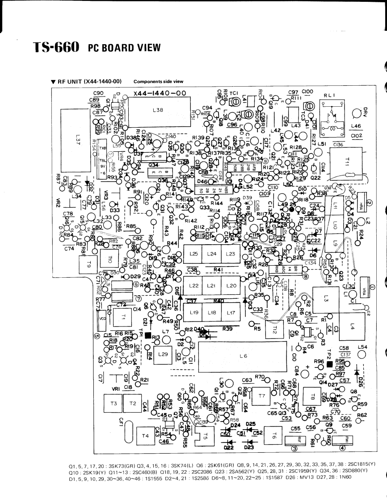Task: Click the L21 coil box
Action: point(212,285)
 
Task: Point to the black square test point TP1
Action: point(148,336)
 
